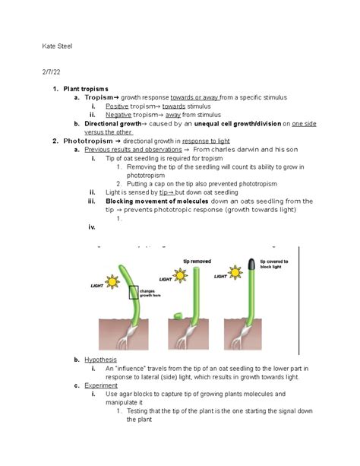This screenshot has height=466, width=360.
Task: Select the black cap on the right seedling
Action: point(253,266)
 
